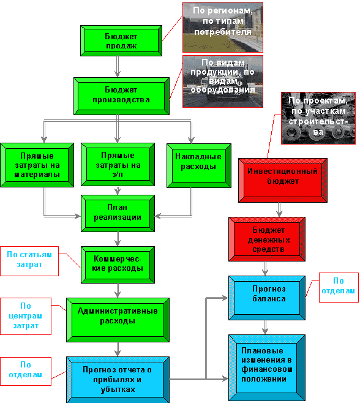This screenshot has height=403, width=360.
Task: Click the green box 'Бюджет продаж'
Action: click(121, 40)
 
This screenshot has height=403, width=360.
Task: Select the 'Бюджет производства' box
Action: click(121, 96)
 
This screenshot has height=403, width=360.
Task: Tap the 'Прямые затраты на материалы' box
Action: click(37, 165)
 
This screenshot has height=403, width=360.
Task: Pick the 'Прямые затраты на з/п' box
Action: click(118, 165)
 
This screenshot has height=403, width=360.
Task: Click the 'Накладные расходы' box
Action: click(198, 165)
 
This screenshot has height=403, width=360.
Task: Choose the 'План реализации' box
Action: click(118, 213)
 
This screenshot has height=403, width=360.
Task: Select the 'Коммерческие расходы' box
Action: click(118, 265)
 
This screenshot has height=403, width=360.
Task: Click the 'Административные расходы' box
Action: click(118, 320)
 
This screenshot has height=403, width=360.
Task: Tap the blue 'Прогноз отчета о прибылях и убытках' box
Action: click(118, 380)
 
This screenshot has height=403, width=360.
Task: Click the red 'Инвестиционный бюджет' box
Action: click(283, 180)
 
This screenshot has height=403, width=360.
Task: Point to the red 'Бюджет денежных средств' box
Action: click(267, 239)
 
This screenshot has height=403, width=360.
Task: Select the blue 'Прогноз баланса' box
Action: click(267, 298)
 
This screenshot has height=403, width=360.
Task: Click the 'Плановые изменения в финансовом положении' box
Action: click(267, 368)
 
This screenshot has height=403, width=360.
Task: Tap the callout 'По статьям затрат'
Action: click(29, 261)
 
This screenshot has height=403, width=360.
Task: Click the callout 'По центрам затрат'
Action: click(26, 316)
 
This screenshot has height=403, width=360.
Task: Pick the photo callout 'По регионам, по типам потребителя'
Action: click(222, 27)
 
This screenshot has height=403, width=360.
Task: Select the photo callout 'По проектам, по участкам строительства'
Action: click(318, 118)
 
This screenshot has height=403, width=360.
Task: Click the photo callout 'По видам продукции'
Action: click(222, 81)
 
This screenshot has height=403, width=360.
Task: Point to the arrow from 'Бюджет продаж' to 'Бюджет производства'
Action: click(118, 67)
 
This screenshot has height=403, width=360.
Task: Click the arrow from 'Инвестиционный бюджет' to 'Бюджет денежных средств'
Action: click(279, 209)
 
